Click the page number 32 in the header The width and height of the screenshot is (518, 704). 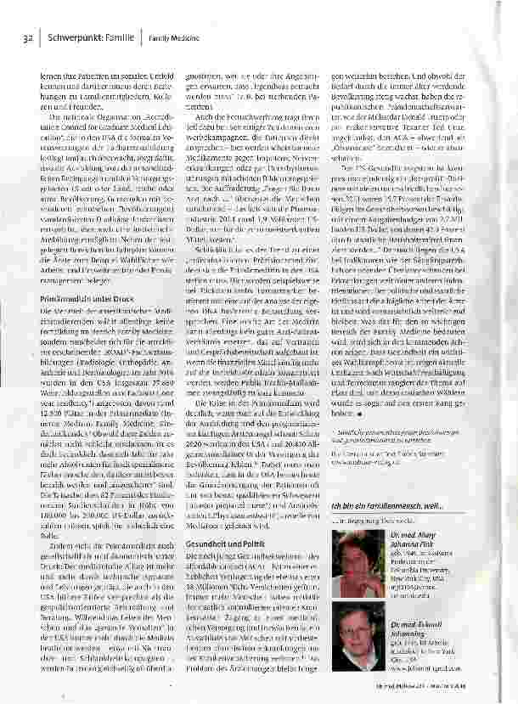coord(27,39)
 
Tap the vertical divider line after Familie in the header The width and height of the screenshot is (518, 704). coord(142,39)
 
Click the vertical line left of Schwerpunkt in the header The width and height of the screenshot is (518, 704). coord(40,39)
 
